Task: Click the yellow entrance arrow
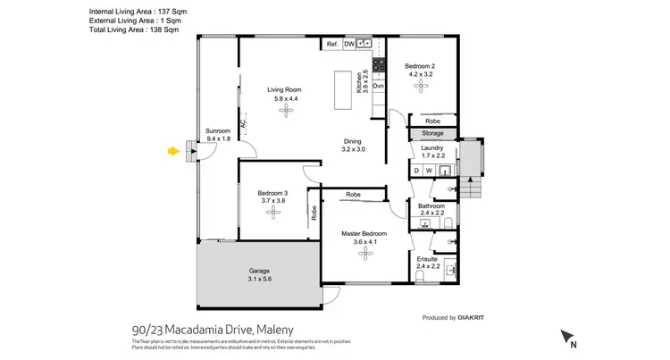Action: pyautogui.click(x=172, y=152)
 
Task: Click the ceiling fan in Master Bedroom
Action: pyautogui.click(x=364, y=254)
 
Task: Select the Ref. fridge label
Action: pyautogui.click(x=331, y=44)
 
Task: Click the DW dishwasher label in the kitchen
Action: pyautogui.click(x=349, y=44)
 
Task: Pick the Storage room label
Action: pyautogui.click(x=432, y=134)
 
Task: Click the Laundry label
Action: pyautogui.click(x=432, y=147)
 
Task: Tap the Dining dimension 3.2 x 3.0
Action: pyautogui.click(x=353, y=150)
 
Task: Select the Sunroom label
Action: pyautogui.click(x=219, y=130)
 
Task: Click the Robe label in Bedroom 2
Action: pyautogui.click(x=432, y=121)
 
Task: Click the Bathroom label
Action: pyautogui.click(x=431, y=205)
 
